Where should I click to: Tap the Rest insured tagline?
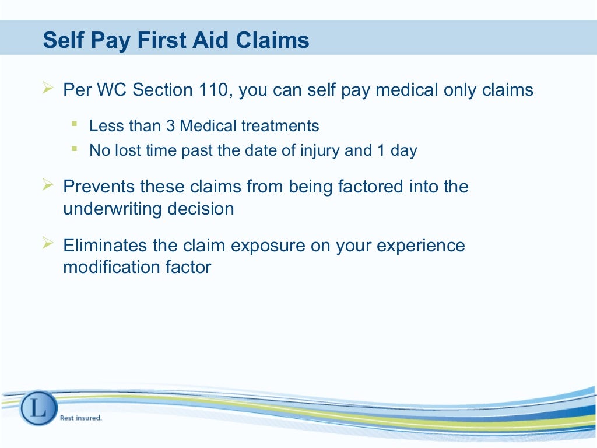(x=81, y=418)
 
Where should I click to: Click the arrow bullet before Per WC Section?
(x=48, y=89)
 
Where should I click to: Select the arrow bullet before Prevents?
(x=48, y=185)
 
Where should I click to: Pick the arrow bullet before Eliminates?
(x=48, y=243)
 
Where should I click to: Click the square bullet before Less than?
(x=74, y=124)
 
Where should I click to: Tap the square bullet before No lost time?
(x=74, y=149)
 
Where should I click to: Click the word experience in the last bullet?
(x=420, y=245)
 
